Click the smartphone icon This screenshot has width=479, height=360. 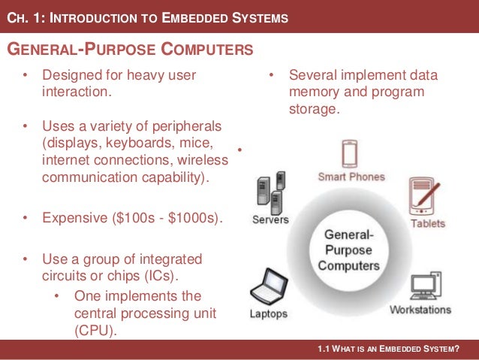(x=350, y=154)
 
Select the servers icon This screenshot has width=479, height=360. (x=271, y=192)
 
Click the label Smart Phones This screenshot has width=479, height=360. (x=351, y=177)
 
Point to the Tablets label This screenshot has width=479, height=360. (x=427, y=223)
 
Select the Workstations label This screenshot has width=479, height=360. (x=420, y=310)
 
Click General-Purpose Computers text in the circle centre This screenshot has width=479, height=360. (x=347, y=250)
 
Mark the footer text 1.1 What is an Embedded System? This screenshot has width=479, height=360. (x=388, y=349)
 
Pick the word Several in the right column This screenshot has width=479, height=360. (x=313, y=75)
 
